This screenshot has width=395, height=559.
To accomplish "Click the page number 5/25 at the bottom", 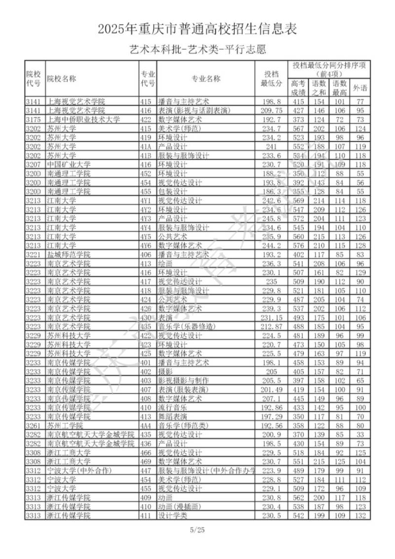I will point(197,530).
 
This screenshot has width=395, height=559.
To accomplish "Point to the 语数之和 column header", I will point(319,88).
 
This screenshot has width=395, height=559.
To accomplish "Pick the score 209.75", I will point(271,110).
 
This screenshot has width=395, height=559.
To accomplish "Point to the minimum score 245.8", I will point(271,218).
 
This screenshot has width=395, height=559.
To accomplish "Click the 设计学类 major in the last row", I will point(172,515).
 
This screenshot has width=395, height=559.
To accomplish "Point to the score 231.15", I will point(271,317).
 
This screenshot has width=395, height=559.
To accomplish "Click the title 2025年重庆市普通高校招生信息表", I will point(197,30).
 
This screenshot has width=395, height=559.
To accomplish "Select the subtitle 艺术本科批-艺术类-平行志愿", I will point(197,49).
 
